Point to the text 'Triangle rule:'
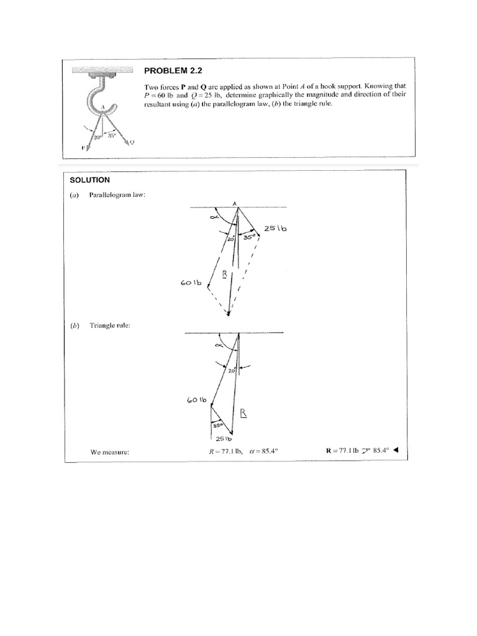click(110, 325)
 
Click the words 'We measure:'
click(109, 452)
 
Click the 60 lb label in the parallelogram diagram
click(192, 283)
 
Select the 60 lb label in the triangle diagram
click(196, 400)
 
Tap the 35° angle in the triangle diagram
click(217, 426)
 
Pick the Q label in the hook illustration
click(132, 142)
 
